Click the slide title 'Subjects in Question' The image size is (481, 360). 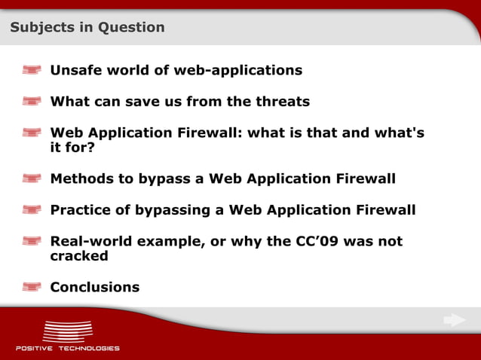pyautogui.click(x=87, y=28)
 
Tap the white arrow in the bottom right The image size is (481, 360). pyautogui.click(x=454, y=320)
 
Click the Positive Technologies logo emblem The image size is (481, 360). pyautogui.click(x=67, y=331)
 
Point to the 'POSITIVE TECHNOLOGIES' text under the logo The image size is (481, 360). pyautogui.click(x=67, y=348)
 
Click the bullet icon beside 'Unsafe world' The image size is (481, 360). pyautogui.click(x=32, y=71)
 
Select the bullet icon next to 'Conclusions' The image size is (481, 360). pyautogui.click(x=32, y=287)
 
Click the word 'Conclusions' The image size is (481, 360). pyautogui.click(x=94, y=287)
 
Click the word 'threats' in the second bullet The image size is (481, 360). pyautogui.click(x=283, y=102)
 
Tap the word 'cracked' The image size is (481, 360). pyautogui.click(x=79, y=256)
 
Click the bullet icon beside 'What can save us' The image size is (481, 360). pyautogui.click(x=32, y=102)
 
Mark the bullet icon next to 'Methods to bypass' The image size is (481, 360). pyautogui.click(x=32, y=179)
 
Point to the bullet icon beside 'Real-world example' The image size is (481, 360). pyautogui.click(x=32, y=242)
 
